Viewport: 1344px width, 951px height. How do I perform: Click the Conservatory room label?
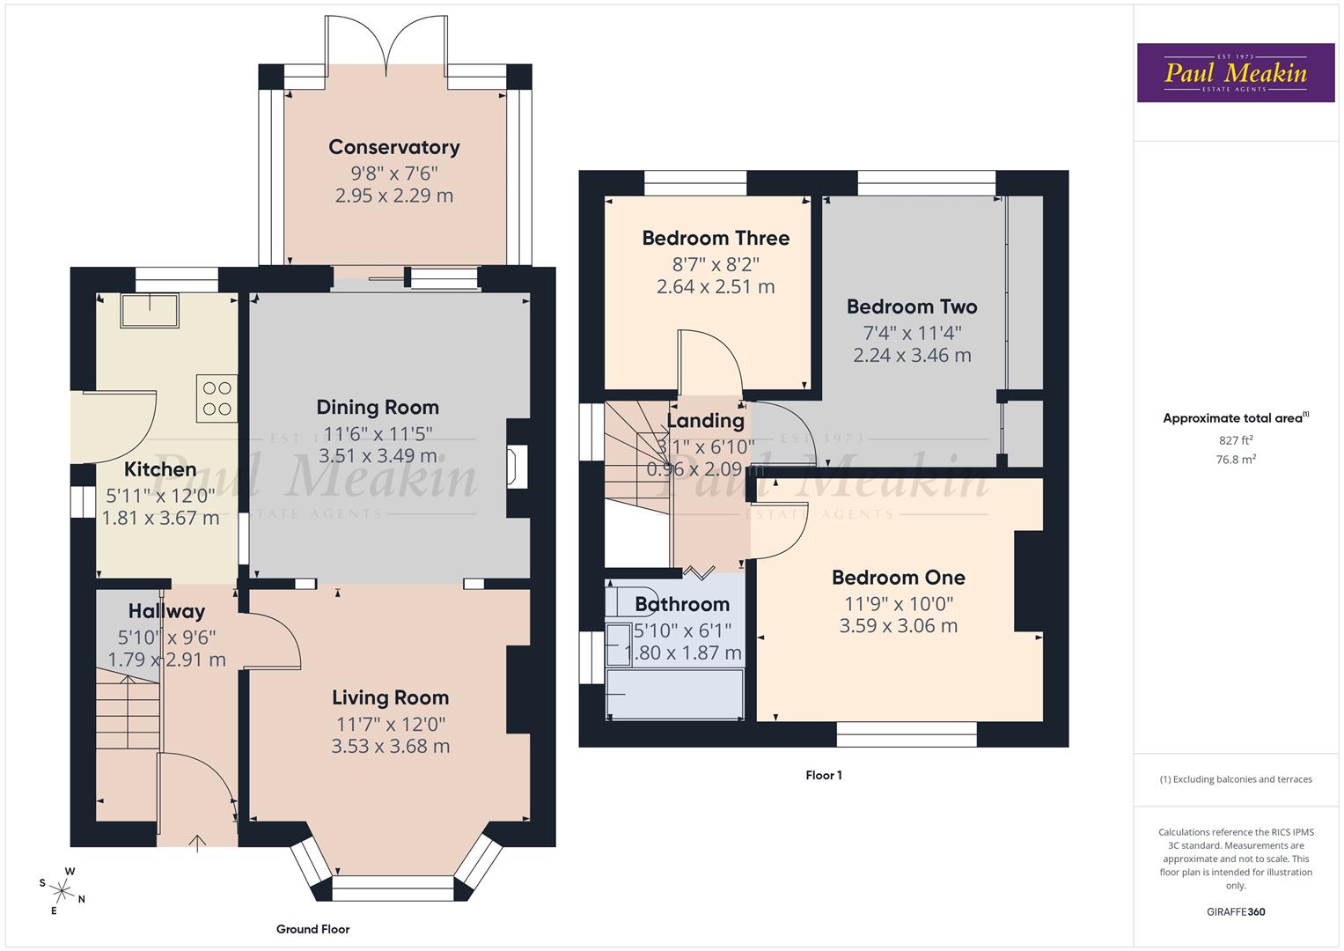[x=393, y=147]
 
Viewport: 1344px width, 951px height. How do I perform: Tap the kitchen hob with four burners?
[x=217, y=398]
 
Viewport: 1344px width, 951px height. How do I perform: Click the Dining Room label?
[x=378, y=407]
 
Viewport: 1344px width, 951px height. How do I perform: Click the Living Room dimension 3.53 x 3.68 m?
[x=390, y=746]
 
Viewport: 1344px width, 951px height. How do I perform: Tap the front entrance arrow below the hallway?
[x=198, y=843]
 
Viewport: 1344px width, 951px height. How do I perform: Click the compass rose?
[x=62, y=889]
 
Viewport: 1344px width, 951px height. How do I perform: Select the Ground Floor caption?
[x=312, y=929]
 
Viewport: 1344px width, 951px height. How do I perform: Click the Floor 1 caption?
[x=823, y=776]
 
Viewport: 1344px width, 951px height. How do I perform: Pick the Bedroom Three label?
[x=715, y=238]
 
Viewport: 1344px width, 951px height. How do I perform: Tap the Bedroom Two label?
[x=911, y=306]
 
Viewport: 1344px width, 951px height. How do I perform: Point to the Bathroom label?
[x=682, y=604]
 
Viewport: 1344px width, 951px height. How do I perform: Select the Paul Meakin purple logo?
[x=1236, y=73]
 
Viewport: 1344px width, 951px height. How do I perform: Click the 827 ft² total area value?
[x=1235, y=440]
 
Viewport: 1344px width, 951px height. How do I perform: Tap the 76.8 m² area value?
[x=1235, y=459]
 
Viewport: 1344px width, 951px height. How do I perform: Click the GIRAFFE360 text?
[x=1235, y=912]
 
